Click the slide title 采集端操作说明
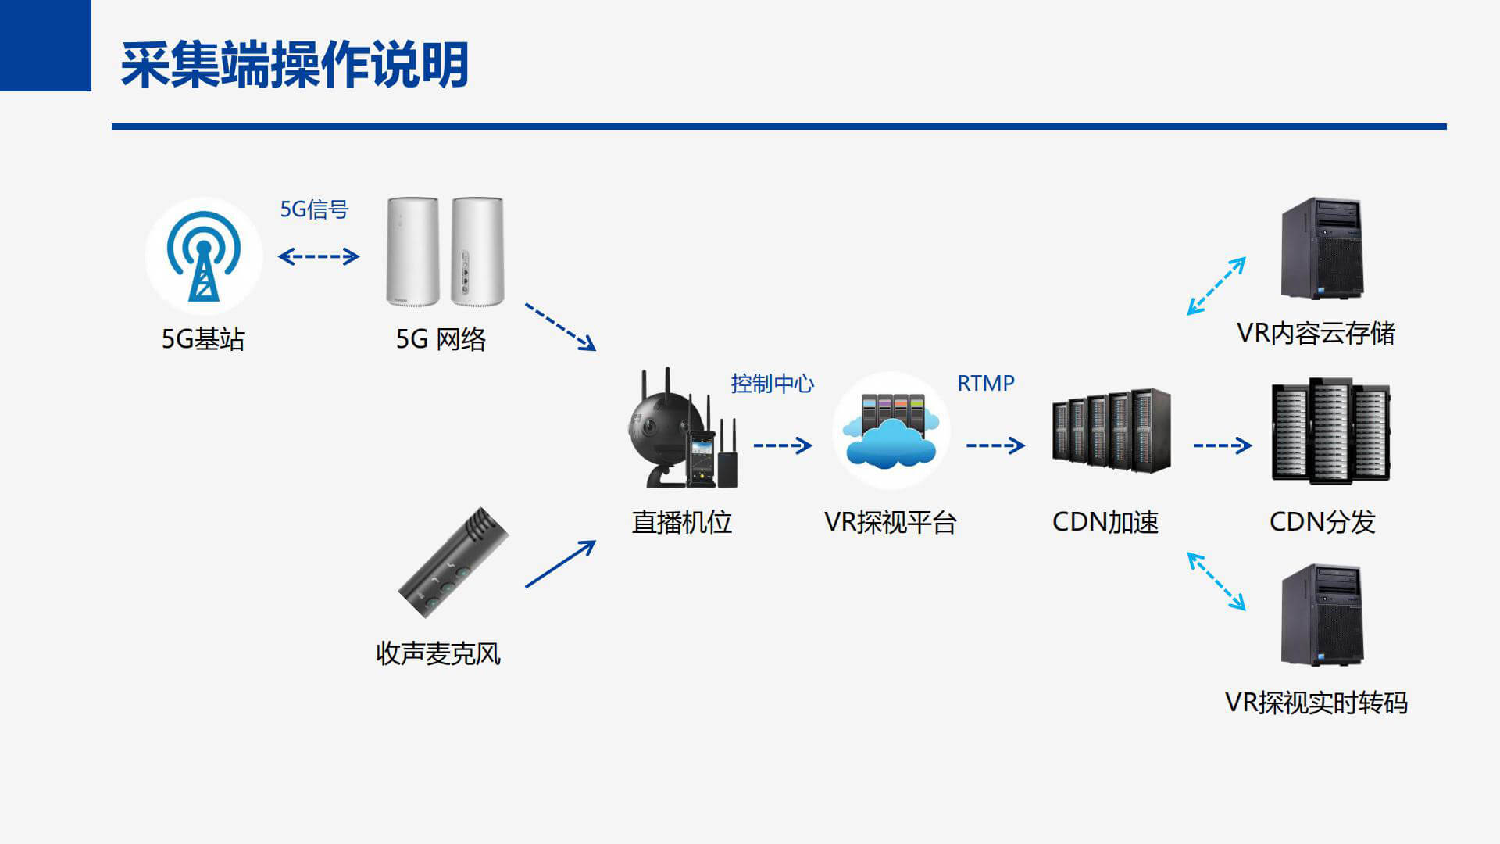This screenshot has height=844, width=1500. coord(295,65)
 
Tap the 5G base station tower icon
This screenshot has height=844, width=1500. coord(203,256)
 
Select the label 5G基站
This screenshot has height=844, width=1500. coord(203,339)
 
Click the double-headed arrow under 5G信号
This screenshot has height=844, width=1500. coord(319,256)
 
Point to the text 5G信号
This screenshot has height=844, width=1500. coord(314,209)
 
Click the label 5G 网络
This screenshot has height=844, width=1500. coord(441,339)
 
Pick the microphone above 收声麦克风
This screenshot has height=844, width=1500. coord(453,563)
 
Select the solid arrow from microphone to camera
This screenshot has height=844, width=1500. coord(559,564)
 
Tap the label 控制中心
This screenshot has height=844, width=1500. coord(772,384)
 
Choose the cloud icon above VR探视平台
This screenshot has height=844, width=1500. coord(891,431)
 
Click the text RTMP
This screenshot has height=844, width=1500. coord(986,384)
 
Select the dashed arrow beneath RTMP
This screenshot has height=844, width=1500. coord(995,445)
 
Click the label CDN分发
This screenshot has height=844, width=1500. coord(1322,522)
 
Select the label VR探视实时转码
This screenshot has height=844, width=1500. coord(1316,703)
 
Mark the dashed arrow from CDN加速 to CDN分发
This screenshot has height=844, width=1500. coord(1222,445)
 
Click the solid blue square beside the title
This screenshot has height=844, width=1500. coord(45,45)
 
